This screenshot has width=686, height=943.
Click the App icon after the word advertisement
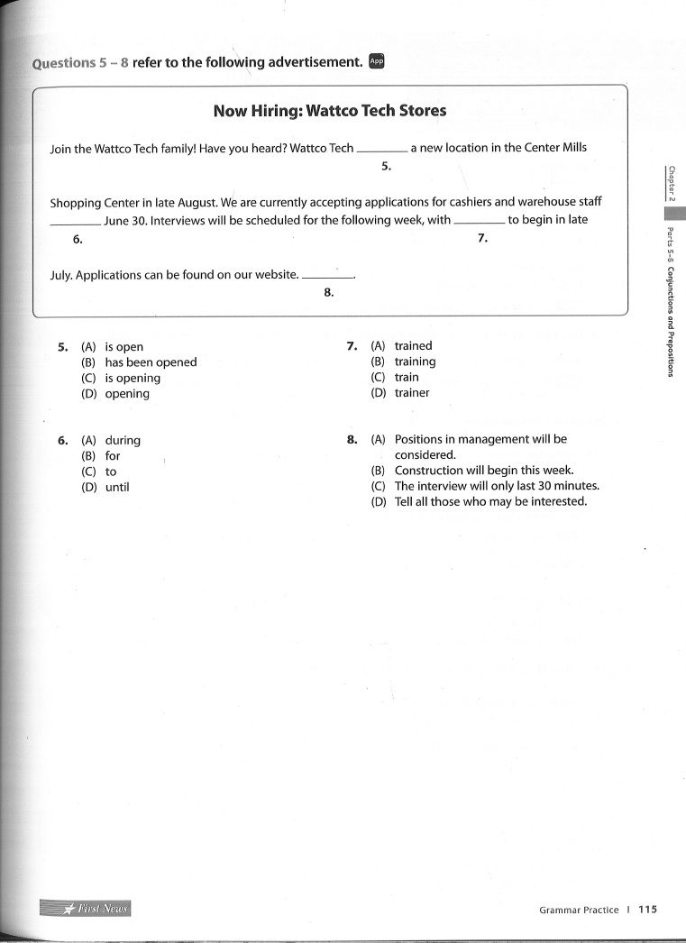377,61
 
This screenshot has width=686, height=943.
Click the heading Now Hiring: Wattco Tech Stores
329,111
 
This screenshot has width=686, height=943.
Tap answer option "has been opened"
151,362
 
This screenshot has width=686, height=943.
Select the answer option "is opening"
133,378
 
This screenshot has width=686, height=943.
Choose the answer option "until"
117,488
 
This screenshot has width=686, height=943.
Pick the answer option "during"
123,441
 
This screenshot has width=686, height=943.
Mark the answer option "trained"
413,346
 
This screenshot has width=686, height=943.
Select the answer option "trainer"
412,393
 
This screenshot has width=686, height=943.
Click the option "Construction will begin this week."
484,471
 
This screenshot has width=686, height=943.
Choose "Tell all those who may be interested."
490,501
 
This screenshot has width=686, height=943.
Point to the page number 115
647,910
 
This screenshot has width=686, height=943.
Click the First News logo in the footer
86,908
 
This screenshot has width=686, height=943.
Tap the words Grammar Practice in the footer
579,911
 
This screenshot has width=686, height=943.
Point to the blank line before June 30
76,223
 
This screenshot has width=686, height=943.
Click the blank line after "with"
480,222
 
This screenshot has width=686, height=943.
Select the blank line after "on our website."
328,277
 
